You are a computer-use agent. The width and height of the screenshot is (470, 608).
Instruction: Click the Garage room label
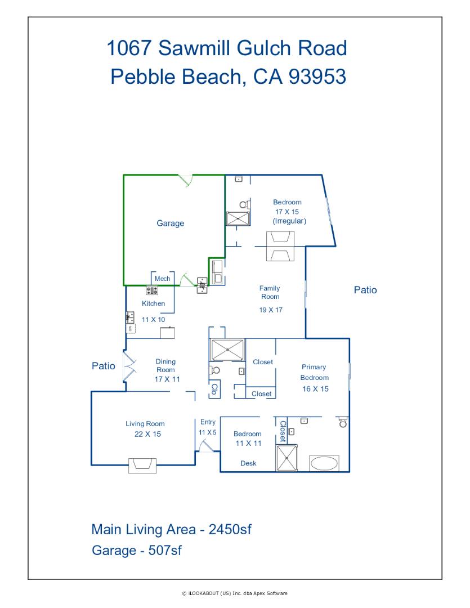[170, 223]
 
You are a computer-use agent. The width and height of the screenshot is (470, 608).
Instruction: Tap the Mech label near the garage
[163, 279]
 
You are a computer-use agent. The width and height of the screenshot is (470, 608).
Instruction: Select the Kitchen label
[153, 303]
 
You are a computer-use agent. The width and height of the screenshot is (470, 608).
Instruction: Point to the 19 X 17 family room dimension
[271, 310]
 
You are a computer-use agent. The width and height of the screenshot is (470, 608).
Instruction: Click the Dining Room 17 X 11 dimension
[167, 379]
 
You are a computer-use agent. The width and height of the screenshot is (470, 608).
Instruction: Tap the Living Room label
[145, 424]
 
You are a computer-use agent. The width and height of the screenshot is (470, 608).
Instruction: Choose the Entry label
[208, 422]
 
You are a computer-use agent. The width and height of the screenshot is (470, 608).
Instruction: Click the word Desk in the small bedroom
[248, 463]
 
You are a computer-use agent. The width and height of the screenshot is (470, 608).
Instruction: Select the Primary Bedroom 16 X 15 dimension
[315, 389]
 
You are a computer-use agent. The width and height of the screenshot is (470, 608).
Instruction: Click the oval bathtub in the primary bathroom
[324, 463]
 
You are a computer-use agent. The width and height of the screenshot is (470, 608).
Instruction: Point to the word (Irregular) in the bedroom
[289, 221]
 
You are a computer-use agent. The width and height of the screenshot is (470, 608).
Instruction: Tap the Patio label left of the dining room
[103, 366]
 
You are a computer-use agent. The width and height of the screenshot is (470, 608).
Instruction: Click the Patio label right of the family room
[365, 290]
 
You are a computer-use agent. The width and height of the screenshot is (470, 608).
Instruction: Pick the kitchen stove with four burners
[152, 290]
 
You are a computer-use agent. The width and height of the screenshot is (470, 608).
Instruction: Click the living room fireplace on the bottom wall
[142, 466]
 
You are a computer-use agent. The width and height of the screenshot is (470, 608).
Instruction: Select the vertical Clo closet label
[214, 390]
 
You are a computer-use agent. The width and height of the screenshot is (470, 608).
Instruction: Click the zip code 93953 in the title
[317, 77]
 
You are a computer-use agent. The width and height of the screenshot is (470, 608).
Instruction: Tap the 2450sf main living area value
[230, 529]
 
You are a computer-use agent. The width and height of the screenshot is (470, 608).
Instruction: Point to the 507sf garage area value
[165, 550]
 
